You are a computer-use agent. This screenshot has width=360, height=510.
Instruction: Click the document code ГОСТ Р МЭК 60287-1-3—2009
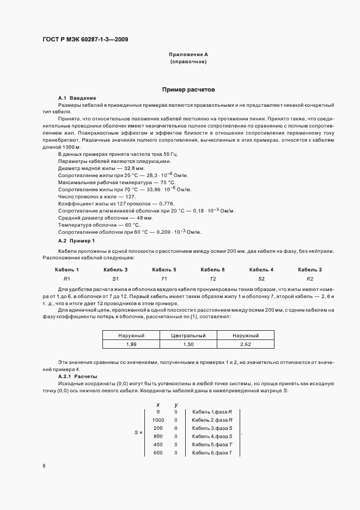84,39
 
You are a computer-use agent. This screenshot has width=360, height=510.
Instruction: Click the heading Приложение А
188,55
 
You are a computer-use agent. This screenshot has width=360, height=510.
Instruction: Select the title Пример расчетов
188,88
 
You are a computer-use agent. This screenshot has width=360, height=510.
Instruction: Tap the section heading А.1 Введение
77,97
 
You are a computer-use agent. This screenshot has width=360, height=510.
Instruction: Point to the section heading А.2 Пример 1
76,240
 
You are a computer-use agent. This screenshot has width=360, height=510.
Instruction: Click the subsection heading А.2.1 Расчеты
77,376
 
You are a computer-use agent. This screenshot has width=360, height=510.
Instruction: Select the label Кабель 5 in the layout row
164,270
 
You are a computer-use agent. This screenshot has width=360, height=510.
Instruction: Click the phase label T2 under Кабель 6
212,278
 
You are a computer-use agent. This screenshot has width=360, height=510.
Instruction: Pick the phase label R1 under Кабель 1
67,278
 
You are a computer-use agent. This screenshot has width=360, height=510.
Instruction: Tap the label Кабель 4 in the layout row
261,270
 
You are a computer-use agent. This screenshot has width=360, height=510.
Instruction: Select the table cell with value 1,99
131,344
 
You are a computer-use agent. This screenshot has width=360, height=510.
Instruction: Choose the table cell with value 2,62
245,344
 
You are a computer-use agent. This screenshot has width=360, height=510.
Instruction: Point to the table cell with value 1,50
188,344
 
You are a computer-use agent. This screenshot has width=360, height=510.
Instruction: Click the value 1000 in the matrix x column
158,420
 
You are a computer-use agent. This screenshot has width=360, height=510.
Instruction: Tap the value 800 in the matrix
158,436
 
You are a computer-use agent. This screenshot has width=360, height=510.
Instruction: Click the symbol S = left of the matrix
138,432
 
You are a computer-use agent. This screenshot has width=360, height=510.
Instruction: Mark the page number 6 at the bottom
44,466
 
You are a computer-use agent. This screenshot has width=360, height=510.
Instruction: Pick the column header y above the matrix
176,404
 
